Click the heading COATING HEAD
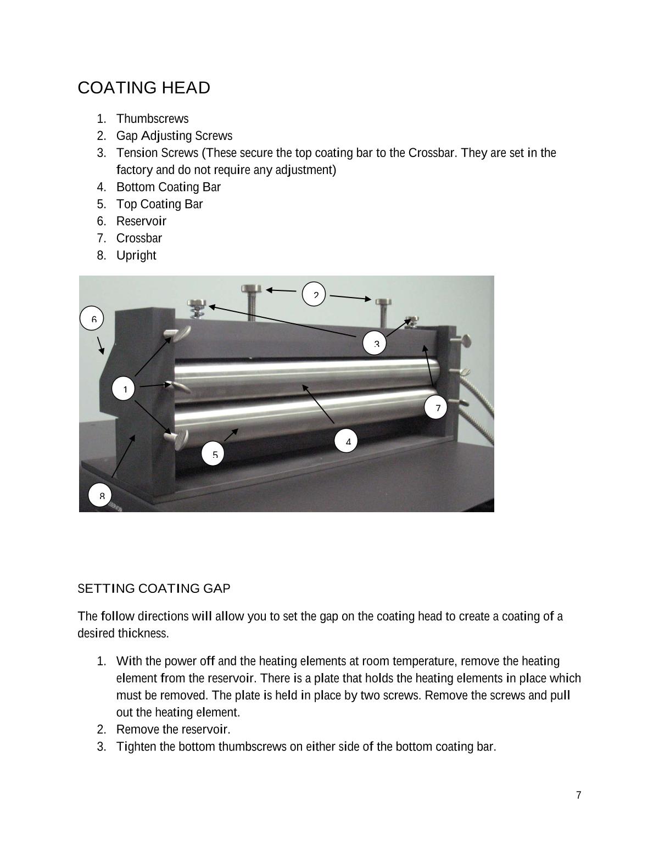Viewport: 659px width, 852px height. click(x=144, y=88)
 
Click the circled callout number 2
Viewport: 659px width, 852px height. click(x=314, y=295)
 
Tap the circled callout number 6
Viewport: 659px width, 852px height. click(x=92, y=319)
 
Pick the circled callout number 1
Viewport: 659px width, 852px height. click(x=124, y=389)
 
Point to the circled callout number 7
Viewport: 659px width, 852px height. click(x=436, y=407)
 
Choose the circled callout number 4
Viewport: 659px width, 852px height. click(x=347, y=441)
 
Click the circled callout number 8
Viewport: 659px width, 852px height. click(x=100, y=496)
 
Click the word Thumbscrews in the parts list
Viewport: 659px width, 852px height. click(x=152, y=119)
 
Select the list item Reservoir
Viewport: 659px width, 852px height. click(x=141, y=221)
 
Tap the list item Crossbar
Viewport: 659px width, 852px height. click(x=139, y=238)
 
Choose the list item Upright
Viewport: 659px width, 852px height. click(x=136, y=255)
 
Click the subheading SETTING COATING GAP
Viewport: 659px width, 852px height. click(x=154, y=588)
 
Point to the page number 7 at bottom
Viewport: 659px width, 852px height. click(x=579, y=795)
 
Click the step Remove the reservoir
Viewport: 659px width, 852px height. click(x=173, y=730)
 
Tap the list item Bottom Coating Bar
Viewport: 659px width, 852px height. click(x=168, y=187)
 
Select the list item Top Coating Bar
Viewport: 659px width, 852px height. click(x=159, y=204)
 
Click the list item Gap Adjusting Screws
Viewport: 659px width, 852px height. click(x=174, y=136)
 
